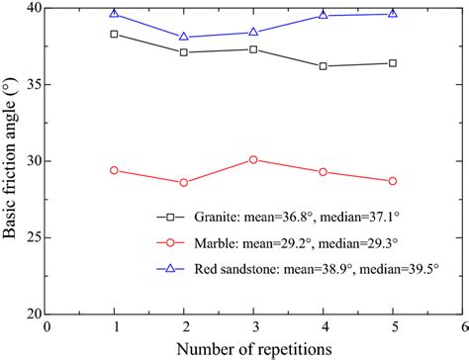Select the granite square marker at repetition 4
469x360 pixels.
coord(324,66)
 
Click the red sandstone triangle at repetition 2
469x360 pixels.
coord(184,37)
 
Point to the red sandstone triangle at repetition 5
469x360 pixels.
coord(393,14)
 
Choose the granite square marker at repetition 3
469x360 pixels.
coord(253,49)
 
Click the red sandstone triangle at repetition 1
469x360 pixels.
coord(115,14)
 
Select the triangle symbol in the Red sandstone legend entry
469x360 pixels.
coord(171,267)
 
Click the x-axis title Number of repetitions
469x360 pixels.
coord(253,348)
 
